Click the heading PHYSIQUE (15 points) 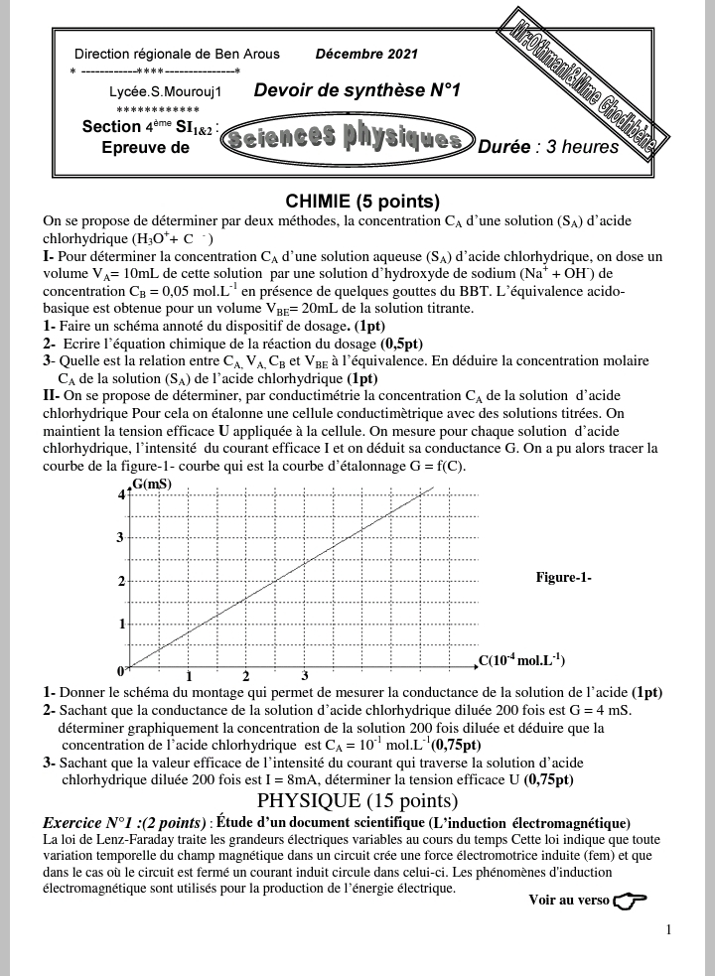[x=357, y=800]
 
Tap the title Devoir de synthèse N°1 [x=357, y=91]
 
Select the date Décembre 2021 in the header [x=366, y=54]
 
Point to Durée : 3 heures [x=548, y=147]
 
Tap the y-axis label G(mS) [x=151, y=484]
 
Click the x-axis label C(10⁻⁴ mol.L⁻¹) [x=521, y=659]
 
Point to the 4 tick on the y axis [x=122, y=493]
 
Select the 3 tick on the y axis [x=122, y=538]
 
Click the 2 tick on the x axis [x=246, y=676]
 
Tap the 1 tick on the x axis [x=189, y=676]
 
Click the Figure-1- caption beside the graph [x=563, y=577]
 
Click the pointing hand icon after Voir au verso [x=630, y=901]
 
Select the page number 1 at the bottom [x=668, y=930]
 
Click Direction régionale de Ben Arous [x=177, y=54]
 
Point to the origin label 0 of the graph [x=121, y=671]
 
